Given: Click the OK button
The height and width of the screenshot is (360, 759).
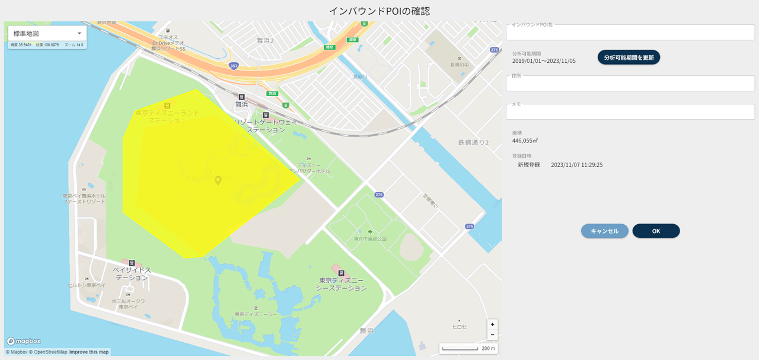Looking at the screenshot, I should [x=656, y=231].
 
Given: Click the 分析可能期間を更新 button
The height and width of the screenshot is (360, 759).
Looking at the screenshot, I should [x=629, y=58].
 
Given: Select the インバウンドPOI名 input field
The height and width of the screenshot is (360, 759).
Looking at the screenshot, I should [x=630, y=33].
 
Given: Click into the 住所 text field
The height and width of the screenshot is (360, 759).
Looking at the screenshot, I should [x=630, y=84].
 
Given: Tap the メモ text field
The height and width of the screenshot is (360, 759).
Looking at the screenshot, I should [x=630, y=111].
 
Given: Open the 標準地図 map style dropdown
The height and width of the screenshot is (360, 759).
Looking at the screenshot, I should [x=47, y=33].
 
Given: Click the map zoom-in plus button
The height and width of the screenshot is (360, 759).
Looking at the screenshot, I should [x=492, y=324].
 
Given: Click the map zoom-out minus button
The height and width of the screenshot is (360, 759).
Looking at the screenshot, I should [x=492, y=334].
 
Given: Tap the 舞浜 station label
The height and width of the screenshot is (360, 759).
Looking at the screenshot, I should [x=241, y=104].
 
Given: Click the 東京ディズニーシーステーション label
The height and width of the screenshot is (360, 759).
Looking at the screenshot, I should [x=342, y=284].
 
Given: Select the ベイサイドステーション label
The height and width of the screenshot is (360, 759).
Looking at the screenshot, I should [x=132, y=273].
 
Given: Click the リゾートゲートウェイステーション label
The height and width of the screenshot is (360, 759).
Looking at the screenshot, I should [x=265, y=125].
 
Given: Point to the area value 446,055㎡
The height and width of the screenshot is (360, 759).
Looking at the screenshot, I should [x=525, y=141].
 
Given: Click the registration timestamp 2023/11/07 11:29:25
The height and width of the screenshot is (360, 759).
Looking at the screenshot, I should [x=576, y=165].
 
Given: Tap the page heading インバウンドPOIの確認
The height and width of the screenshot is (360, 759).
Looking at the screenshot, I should [x=379, y=11].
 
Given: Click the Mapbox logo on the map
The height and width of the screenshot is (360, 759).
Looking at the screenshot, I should [x=24, y=342].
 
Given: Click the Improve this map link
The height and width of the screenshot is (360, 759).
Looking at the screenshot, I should [x=89, y=352].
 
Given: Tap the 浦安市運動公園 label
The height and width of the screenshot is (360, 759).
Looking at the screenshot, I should [x=370, y=238].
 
